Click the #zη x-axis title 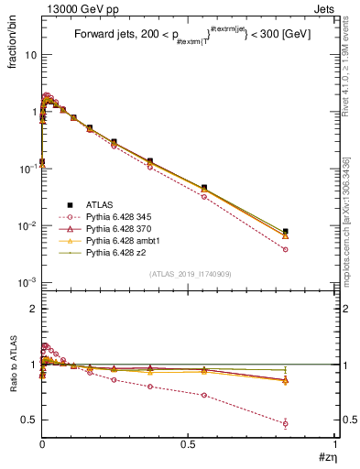coord(324,456)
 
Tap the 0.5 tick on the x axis coord(189,443)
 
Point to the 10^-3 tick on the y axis coord(27,282)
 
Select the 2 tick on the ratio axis coord(34,309)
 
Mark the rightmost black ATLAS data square coord(286,232)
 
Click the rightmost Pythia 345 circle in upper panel coord(286,249)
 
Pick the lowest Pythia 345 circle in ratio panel coord(286,423)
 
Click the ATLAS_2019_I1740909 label coord(189,275)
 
